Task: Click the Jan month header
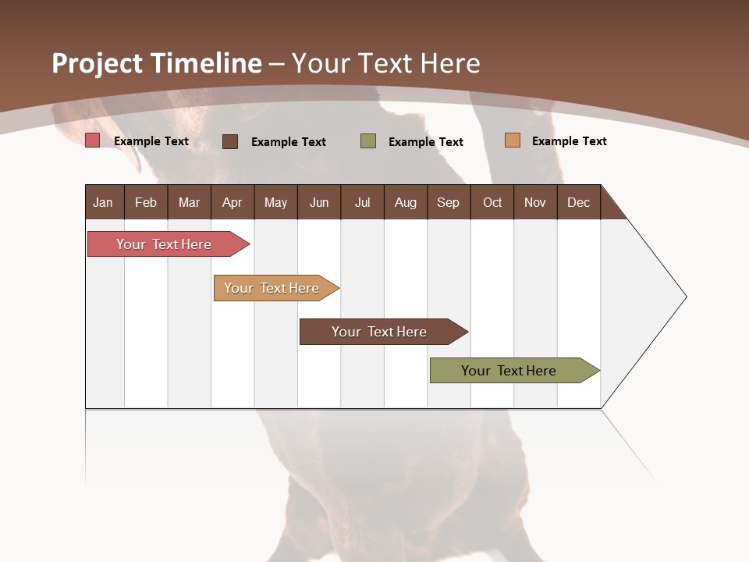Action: pyautogui.click(x=103, y=202)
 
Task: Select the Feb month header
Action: pyautogui.click(x=146, y=202)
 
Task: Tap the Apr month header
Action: pyautogui.click(x=232, y=202)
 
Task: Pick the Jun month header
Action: pyautogui.click(x=319, y=202)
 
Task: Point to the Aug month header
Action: pyautogui.click(x=405, y=202)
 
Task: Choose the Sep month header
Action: pyautogui.click(x=448, y=202)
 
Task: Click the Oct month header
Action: pyautogui.click(x=492, y=202)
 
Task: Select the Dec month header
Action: pyautogui.click(x=578, y=202)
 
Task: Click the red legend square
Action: pyautogui.click(x=93, y=140)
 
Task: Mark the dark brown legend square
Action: pyautogui.click(x=230, y=141)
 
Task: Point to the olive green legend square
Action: pyautogui.click(x=368, y=141)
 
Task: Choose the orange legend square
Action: pyautogui.click(x=513, y=140)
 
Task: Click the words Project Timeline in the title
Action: pyautogui.click(x=157, y=63)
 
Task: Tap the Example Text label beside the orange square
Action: pyautogui.click(x=569, y=141)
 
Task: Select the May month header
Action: pyautogui.click(x=275, y=202)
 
